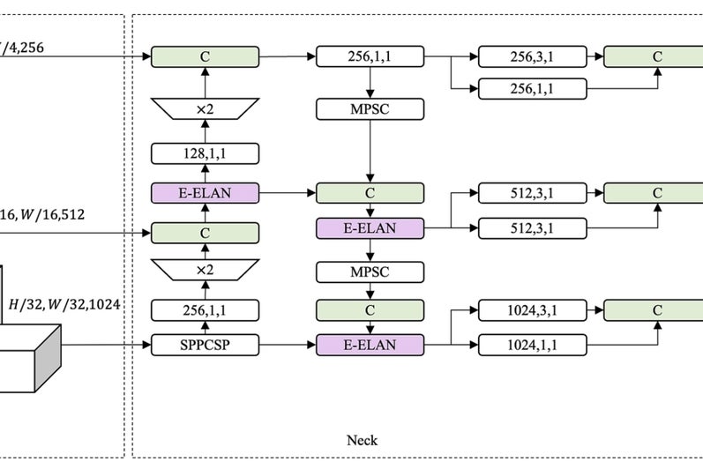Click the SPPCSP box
205,345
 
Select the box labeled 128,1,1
205,154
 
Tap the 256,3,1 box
533,57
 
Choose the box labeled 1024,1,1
533,345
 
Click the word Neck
362,440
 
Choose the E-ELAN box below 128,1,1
205,193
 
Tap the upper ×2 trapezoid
205,109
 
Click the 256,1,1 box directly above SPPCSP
205,309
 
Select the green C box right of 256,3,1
655,57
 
